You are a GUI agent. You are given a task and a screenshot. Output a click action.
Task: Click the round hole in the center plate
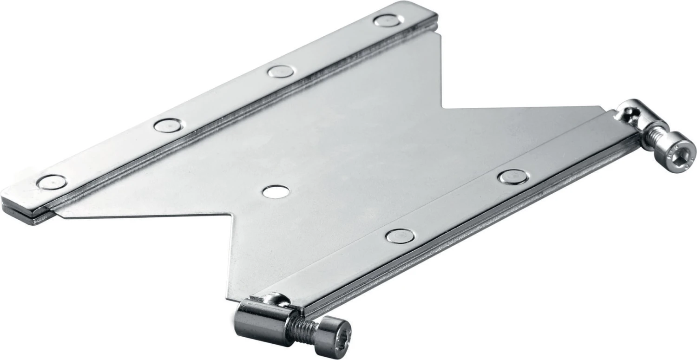point(276,191)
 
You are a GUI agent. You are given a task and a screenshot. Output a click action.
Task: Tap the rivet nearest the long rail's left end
point(51,182)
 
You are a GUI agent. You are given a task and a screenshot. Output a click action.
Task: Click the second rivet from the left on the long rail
point(168,125)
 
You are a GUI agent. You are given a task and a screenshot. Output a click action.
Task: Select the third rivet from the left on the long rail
point(281,71)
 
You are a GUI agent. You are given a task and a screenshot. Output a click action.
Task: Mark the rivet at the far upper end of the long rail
point(387,20)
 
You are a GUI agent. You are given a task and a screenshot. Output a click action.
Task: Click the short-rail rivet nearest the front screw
point(400,236)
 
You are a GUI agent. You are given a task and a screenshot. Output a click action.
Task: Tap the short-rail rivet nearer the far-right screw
point(513,177)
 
